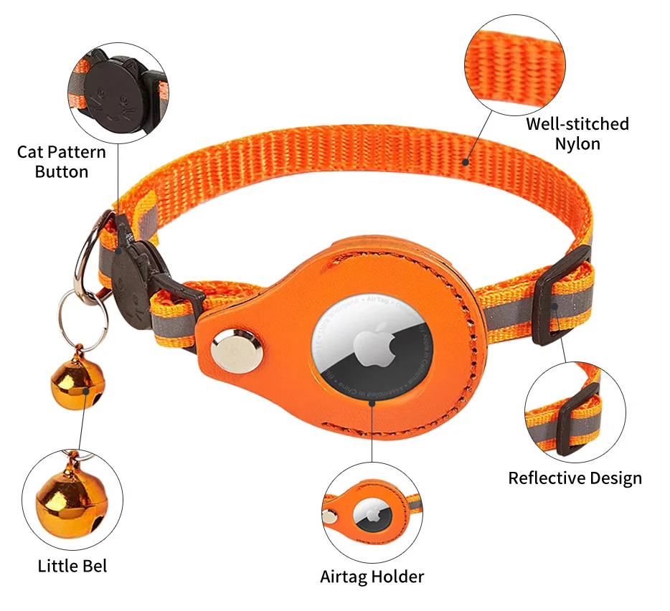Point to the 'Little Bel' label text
pyautogui.click(x=72, y=566)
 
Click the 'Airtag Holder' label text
pyautogui.click(x=372, y=577)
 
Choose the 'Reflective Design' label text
pyautogui.click(x=575, y=478)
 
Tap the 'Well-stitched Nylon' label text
pyautogui.click(x=577, y=133)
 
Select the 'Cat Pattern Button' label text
pyautogui.click(x=62, y=161)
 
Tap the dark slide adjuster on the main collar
pyautogui.click(x=565, y=295)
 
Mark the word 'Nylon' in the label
pyautogui.click(x=577, y=143)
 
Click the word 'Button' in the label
pyautogui.click(x=62, y=171)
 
